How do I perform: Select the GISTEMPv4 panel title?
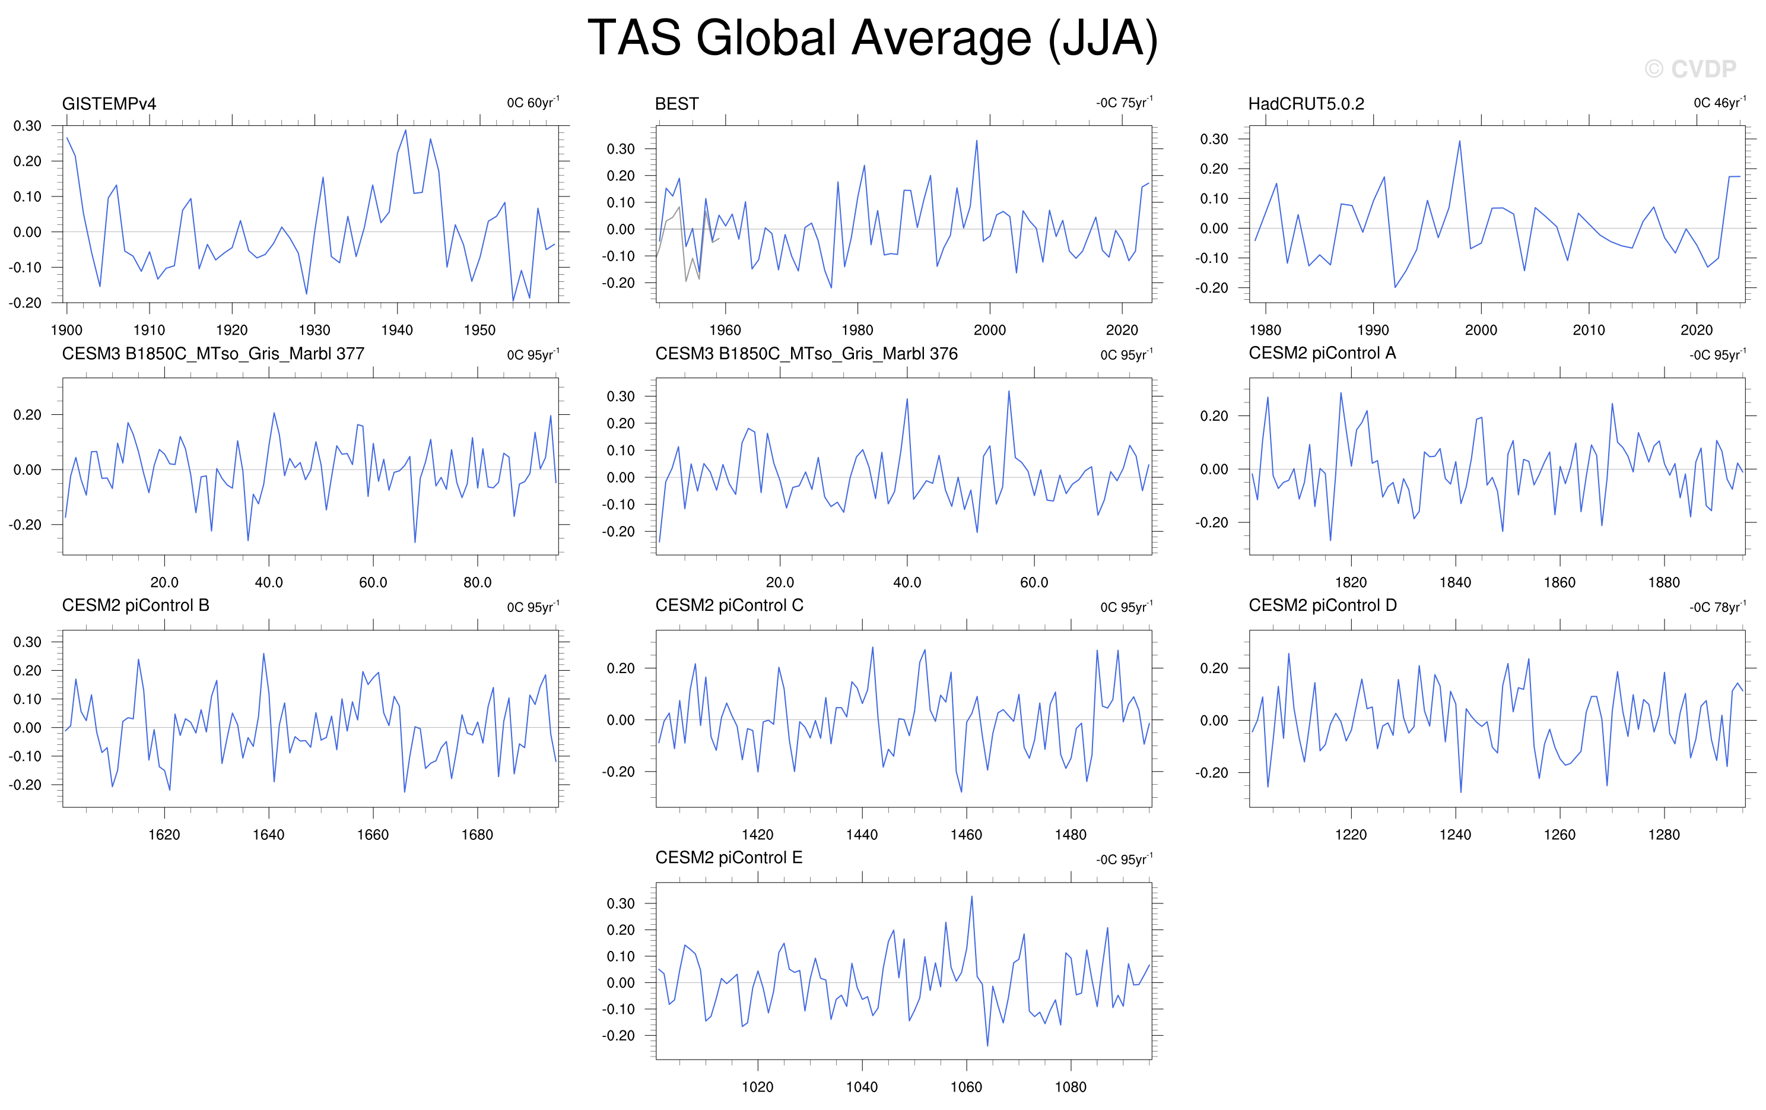tap(109, 103)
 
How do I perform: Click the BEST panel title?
tap(676, 103)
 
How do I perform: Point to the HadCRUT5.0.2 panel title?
tap(1306, 103)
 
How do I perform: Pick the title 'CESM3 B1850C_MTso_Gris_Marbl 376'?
tap(806, 354)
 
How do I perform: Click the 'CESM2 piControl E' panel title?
tap(729, 858)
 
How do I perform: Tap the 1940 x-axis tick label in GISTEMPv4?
tap(397, 330)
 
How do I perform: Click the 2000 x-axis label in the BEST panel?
tap(989, 330)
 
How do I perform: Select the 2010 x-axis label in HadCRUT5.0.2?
tap(1589, 330)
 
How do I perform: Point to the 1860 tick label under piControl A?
tap(1559, 582)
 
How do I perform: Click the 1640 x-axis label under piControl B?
tap(268, 835)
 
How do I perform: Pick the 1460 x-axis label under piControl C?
tap(966, 835)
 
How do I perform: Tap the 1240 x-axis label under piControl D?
tap(1455, 835)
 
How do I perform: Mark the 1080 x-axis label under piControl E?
tap(1071, 1087)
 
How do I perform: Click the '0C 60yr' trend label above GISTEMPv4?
tap(533, 102)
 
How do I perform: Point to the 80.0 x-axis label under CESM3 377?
tap(478, 582)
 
